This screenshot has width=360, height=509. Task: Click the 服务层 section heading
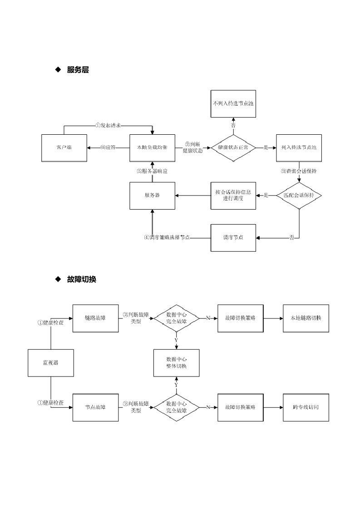click(78, 70)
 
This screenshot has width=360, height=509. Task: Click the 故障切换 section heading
click(81, 279)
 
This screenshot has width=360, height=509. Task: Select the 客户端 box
click(64, 148)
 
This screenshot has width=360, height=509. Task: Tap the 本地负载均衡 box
click(152, 148)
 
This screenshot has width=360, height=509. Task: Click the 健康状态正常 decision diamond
click(233, 148)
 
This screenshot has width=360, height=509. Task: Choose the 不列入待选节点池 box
click(233, 103)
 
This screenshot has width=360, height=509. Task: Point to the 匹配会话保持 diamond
click(299, 196)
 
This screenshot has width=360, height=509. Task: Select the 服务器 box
click(152, 196)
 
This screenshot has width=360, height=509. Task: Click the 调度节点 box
click(233, 237)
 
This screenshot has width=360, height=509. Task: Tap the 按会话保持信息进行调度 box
click(233, 196)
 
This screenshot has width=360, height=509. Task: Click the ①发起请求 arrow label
click(108, 126)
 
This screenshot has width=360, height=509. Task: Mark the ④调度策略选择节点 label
click(167, 237)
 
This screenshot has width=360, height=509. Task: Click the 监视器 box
click(50, 363)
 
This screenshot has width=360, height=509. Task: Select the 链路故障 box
click(95, 318)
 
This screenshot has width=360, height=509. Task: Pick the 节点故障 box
click(95, 407)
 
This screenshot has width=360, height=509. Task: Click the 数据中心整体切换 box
click(176, 363)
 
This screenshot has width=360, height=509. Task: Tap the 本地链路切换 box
click(306, 318)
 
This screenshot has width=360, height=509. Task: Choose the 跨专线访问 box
click(306, 407)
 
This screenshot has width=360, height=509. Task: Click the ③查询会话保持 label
click(299, 171)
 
